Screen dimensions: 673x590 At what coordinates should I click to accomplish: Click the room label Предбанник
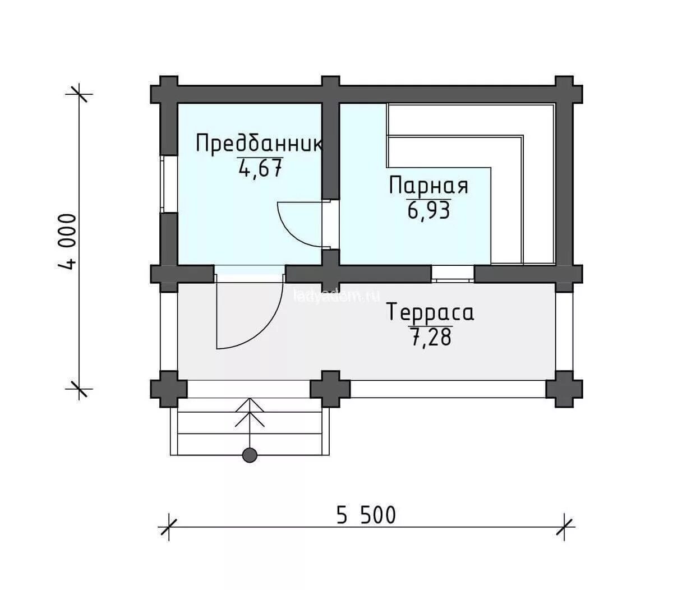(259, 144)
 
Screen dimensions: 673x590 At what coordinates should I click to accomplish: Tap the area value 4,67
(260, 168)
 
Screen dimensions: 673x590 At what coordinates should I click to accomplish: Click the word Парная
(428, 186)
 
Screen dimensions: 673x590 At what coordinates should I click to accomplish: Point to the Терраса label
(431, 312)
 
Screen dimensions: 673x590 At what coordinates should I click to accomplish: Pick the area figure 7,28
(431, 338)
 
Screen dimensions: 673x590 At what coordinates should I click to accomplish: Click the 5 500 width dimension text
(366, 515)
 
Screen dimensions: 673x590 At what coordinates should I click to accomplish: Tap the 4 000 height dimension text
(67, 241)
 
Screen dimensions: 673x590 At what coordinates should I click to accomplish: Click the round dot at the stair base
(250, 455)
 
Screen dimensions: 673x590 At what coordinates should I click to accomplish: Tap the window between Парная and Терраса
(453, 274)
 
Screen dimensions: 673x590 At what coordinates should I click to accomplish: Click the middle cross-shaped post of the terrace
(330, 389)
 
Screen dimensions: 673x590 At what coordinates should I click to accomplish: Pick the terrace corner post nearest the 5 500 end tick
(564, 389)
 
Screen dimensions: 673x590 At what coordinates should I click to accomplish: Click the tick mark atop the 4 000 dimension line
(79, 93)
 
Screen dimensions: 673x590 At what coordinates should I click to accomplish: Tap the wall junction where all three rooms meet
(331, 273)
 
